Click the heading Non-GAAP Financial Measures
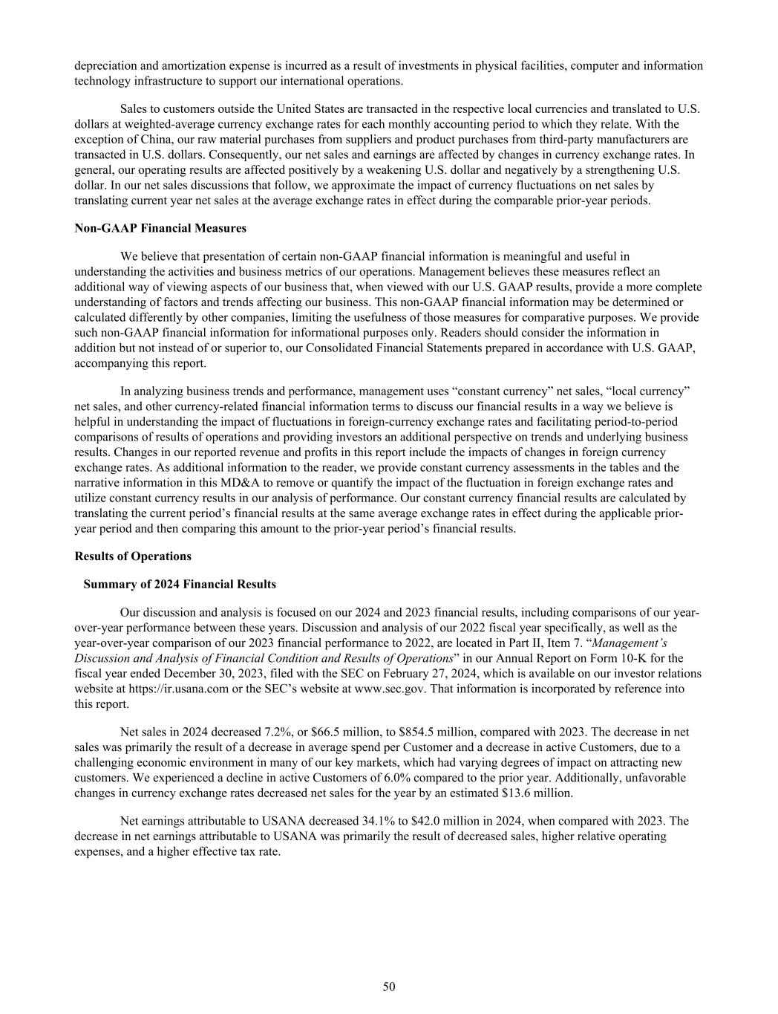[160, 228]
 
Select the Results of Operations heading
[133, 556]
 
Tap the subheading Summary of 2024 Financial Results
[180, 585]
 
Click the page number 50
[389, 987]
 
